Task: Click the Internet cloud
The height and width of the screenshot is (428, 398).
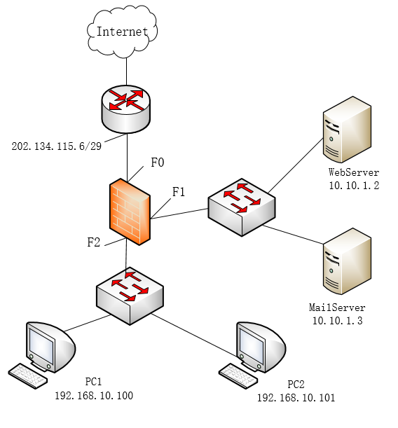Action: (x=122, y=32)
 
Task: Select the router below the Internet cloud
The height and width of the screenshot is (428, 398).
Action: (x=126, y=109)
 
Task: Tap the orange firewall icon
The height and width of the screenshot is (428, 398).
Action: (x=130, y=212)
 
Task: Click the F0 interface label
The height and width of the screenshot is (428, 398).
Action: (x=158, y=163)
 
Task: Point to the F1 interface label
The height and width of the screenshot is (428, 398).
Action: (x=179, y=192)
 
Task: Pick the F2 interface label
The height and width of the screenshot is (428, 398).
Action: (x=94, y=242)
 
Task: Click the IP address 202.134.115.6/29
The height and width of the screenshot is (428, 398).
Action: (x=57, y=146)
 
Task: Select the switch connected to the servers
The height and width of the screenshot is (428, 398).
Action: (x=242, y=207)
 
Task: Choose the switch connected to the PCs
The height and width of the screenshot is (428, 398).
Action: (x=130, y=296)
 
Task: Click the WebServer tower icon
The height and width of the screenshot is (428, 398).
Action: (x=347, y=130)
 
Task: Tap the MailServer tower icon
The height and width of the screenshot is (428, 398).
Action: (x=347, y=261)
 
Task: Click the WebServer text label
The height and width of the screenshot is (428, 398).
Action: (x=354, y=172)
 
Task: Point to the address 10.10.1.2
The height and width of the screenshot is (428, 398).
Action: (x=354, y=186)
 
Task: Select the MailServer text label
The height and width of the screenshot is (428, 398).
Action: (x=337, y=308)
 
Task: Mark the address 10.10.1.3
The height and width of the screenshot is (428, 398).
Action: (x=338, y=321)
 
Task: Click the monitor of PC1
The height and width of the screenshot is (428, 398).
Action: (x=50, y=347)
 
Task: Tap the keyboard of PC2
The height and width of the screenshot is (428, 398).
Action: (x=238, y=375)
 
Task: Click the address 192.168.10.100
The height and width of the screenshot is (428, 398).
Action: (x=94, y=396)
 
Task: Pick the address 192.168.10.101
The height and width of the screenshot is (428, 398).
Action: (x=296, y=398)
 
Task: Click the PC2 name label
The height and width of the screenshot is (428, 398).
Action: (x=296, y=385)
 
